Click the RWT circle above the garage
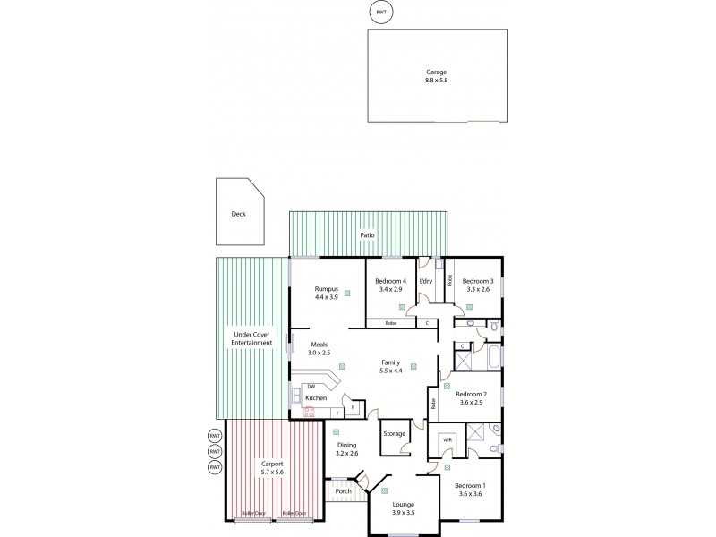click(x=381, y=12)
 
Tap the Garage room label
click(x=436, y=71)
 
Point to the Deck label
click(x=238, y=214)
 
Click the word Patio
click(x=367, y=235)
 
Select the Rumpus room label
click(x=325, y=289)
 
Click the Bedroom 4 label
click(x=393, y=281)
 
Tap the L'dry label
click(x=426, y=281)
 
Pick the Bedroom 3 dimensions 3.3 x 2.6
click(x=479, y=290)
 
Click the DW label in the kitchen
click(x=311, y=386)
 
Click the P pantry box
click(x=354, y=407)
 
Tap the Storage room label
click(x=394, y=433)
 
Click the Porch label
click(x=343, y=490)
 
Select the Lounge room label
click(x=403, y=505)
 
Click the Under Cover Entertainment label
click(x=251, y=338)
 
